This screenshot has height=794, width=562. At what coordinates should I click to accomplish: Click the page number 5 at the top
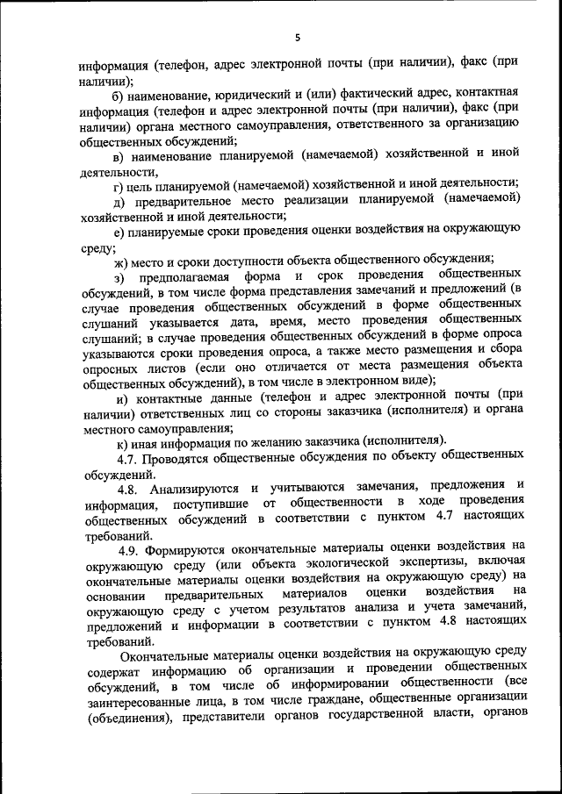tap(298, 37)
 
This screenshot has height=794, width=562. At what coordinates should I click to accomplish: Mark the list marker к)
tap(119, 440)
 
